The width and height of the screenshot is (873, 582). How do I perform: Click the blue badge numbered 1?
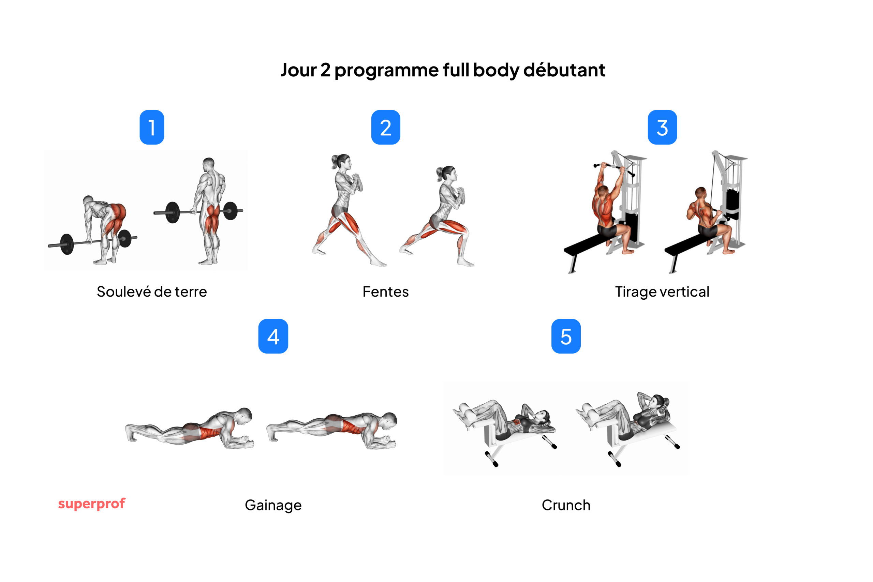152,127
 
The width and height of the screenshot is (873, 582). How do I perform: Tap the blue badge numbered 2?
386,127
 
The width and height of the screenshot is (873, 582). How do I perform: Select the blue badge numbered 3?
662,127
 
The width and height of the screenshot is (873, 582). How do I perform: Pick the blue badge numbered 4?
273,336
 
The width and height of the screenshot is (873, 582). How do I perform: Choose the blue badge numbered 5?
566,336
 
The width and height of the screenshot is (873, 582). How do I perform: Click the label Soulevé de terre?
152,292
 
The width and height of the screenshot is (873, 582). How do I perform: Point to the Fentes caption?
386,292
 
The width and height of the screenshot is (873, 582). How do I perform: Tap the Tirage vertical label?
662,292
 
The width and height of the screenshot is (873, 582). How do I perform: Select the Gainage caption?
273,505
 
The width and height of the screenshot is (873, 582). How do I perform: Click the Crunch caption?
566,505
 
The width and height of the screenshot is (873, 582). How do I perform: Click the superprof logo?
92,504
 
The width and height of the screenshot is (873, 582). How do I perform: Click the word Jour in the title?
299,70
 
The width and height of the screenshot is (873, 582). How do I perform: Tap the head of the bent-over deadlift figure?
88,200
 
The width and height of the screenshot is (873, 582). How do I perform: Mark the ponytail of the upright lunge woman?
335,161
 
